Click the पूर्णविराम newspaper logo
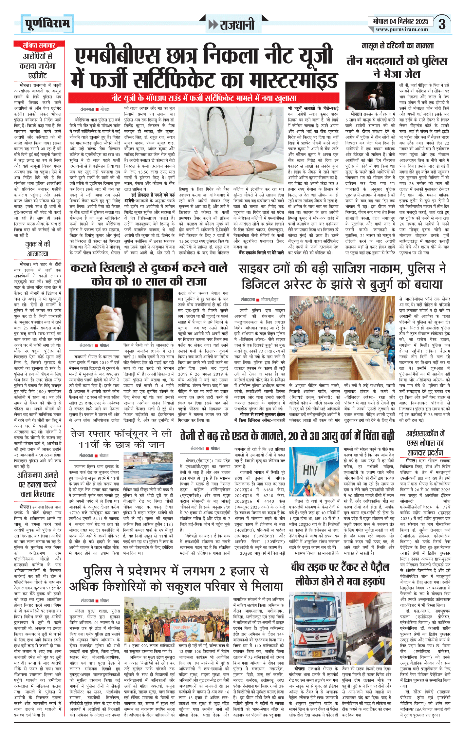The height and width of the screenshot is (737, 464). coord(48,24)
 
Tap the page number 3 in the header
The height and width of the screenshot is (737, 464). coord(442,24)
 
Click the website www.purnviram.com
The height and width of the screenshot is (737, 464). coord(402,29)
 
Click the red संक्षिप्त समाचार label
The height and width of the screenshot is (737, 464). coord(39,45)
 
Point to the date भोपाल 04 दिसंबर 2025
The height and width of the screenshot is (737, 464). coord(400,21)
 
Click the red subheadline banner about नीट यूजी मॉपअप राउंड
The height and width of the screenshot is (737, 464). coord(203,98)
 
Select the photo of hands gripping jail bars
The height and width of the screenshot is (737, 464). coord(121,314)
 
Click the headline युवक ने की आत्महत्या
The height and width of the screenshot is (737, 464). coord(38,249)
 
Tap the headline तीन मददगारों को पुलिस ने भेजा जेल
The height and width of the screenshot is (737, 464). coord(397,67)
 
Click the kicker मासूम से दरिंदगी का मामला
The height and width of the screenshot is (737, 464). coord(398,46)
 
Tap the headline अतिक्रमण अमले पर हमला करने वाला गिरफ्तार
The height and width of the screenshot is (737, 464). coord(38,484)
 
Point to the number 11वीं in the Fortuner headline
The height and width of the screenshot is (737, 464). coord(90,445)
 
